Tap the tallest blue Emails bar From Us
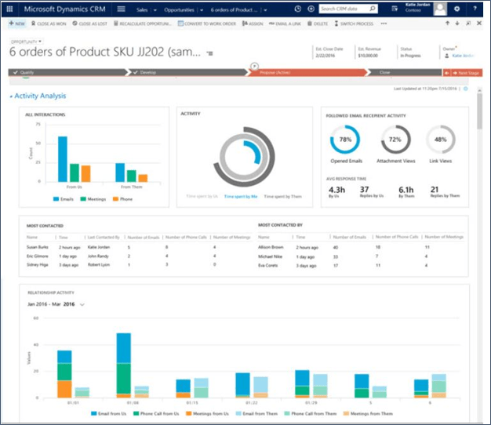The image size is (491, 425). coord(62,158)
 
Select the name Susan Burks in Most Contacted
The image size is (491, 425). coord(37,246)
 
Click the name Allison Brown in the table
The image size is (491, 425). coord(271,246)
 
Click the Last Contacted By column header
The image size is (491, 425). coord(103,236)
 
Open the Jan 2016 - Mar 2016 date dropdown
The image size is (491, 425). coord(56,303)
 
